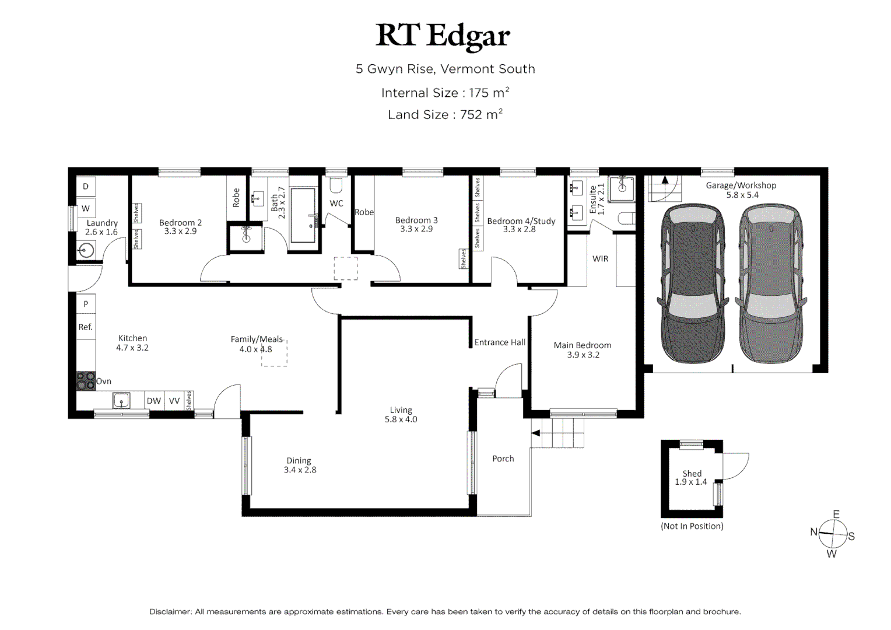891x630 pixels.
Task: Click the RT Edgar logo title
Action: click(443, 37)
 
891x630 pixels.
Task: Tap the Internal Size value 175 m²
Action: click(489, 93)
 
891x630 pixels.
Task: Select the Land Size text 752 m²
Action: click(481, 114)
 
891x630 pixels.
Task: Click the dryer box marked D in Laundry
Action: click(86, 186)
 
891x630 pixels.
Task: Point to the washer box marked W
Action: click(86, 208)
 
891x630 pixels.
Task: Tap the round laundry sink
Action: click(86, 251)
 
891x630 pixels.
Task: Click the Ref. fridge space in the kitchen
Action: click(86, 327)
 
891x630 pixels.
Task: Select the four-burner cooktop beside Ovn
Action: click(86, 381)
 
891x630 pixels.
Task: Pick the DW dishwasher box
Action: click(154, 401)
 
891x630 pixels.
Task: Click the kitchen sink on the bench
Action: click(121, 400)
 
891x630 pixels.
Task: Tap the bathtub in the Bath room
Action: click(303, 215)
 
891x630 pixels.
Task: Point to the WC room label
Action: click(336, 204)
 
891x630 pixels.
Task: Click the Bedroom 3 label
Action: click(416, 220)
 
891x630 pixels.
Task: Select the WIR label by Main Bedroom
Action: click(600, 258)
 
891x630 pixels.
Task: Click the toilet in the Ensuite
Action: click(626, 219)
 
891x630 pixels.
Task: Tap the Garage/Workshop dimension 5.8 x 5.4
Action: click(742, 195)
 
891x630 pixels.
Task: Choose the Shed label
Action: click(692, 474)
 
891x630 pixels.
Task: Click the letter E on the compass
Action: click(836, 514)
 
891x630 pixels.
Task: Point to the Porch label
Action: click(503, 459)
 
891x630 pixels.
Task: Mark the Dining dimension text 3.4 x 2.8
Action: click(300, 470)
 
